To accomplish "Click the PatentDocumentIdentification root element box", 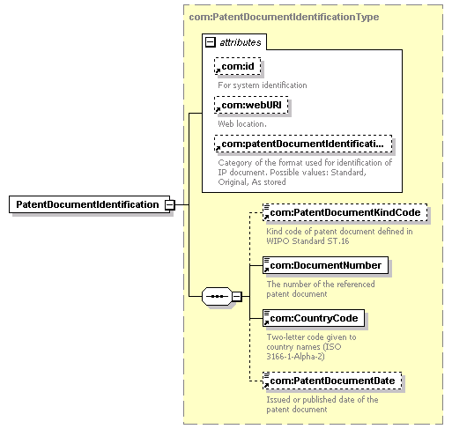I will pyautogui.click(x=87, y=204).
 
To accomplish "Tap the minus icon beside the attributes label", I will pyautogui.click(x=210, y=41).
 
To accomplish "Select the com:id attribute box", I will pyautogui.click(x=238, y=66).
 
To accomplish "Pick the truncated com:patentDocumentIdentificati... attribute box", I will pyautogui.click(x=301, y=144).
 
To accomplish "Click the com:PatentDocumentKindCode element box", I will pyautogui.click(x=345, y=212).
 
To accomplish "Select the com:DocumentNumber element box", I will pyautogui.click(x=325, y=264).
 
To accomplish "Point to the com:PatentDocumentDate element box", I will pyautogui.click(x=333, y=380).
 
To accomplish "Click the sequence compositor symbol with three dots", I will pyautogui.click(x=216, y=296).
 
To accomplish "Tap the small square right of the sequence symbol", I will pyautogui.click(x=236, y=296).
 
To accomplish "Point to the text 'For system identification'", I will pyautogui.click(x=263, y=85).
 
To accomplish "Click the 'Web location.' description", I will pyautogui.click(x=242, y=123).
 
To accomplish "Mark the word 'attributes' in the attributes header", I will pyautogui.click(x=241, y=41).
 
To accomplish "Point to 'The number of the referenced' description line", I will pyautogui.click(x=321, y=284).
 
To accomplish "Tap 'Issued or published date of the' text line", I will pyautogui.click(x=322, y=399).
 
